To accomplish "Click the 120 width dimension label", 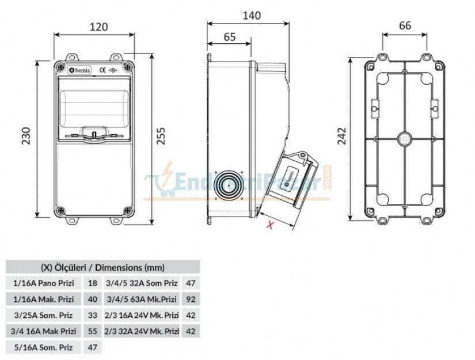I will (x=94, y=26).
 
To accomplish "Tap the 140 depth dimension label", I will (x=248, y=16).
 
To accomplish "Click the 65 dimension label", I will (x=229, y=37).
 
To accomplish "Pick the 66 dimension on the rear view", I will (x=405, y=25).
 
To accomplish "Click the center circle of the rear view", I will (x=404, y=139).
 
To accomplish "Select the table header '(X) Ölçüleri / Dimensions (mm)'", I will (x=102, y=267).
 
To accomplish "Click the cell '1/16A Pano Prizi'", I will (x=44, y=283).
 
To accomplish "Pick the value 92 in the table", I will (x=191, y=299).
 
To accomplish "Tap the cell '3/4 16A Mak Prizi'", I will (x=44, y=331).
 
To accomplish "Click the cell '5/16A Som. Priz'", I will (x=44, y=347).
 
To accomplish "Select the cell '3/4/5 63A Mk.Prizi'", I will (x=142, y=299).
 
